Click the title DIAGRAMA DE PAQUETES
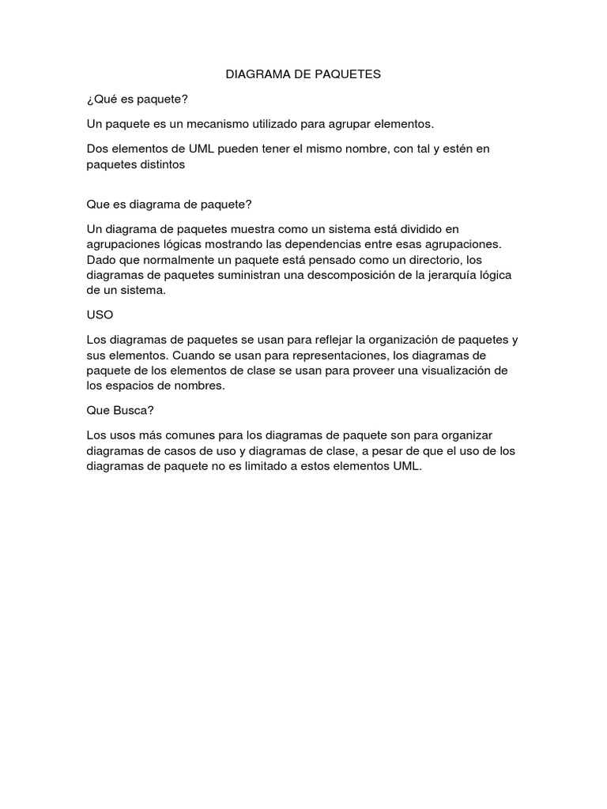[x=303, y=74]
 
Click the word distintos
[x=161, y=164]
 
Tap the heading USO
[x=100, y=314]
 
